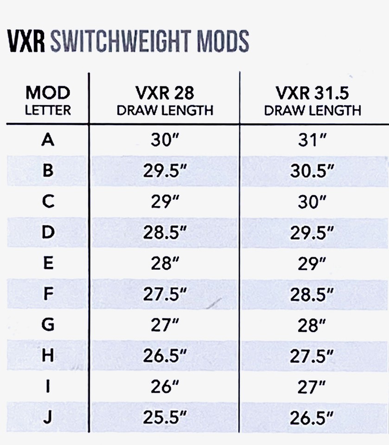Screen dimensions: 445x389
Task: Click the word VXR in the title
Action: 26,42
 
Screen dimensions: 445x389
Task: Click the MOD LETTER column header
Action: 48,100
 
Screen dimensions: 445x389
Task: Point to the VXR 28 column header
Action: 165,100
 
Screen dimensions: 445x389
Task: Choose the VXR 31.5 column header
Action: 312,100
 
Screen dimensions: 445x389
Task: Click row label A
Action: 47,140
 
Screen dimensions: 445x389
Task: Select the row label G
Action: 48,325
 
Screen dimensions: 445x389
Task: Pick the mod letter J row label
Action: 48,418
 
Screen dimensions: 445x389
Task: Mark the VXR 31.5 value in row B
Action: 312,171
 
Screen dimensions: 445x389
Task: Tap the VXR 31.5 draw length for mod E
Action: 312,264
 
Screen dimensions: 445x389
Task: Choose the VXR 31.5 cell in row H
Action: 312,356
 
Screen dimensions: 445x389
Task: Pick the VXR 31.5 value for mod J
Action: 312,418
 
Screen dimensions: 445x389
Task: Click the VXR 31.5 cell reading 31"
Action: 312,140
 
